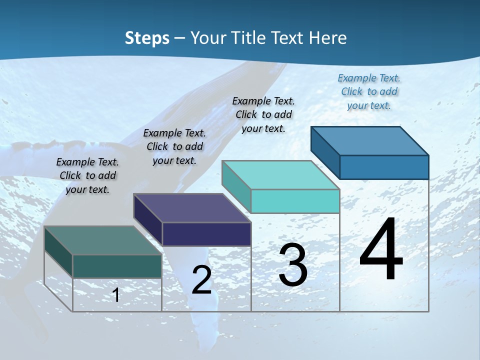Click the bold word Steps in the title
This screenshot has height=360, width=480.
coord(147,38)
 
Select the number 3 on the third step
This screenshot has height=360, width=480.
coord(293,265)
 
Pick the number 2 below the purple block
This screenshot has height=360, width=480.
coord(202,280)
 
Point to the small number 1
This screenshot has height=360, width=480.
coord(116,295)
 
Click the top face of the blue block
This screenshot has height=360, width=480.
coord(370,140)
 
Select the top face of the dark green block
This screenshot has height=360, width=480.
coord(103,240)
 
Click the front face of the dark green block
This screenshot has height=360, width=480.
coord(117,266)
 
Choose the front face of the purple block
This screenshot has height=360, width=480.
coord(206,234)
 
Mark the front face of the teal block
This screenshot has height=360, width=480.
coord(295,201)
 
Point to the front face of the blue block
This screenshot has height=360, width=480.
coord(384,167)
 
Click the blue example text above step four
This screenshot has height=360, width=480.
coord(369,91)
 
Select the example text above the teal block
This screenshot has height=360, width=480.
coord(263,114)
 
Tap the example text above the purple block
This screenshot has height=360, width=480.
coord(174,146)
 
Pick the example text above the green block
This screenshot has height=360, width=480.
coord(87,175)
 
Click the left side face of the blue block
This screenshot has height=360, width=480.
coord(325,150)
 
